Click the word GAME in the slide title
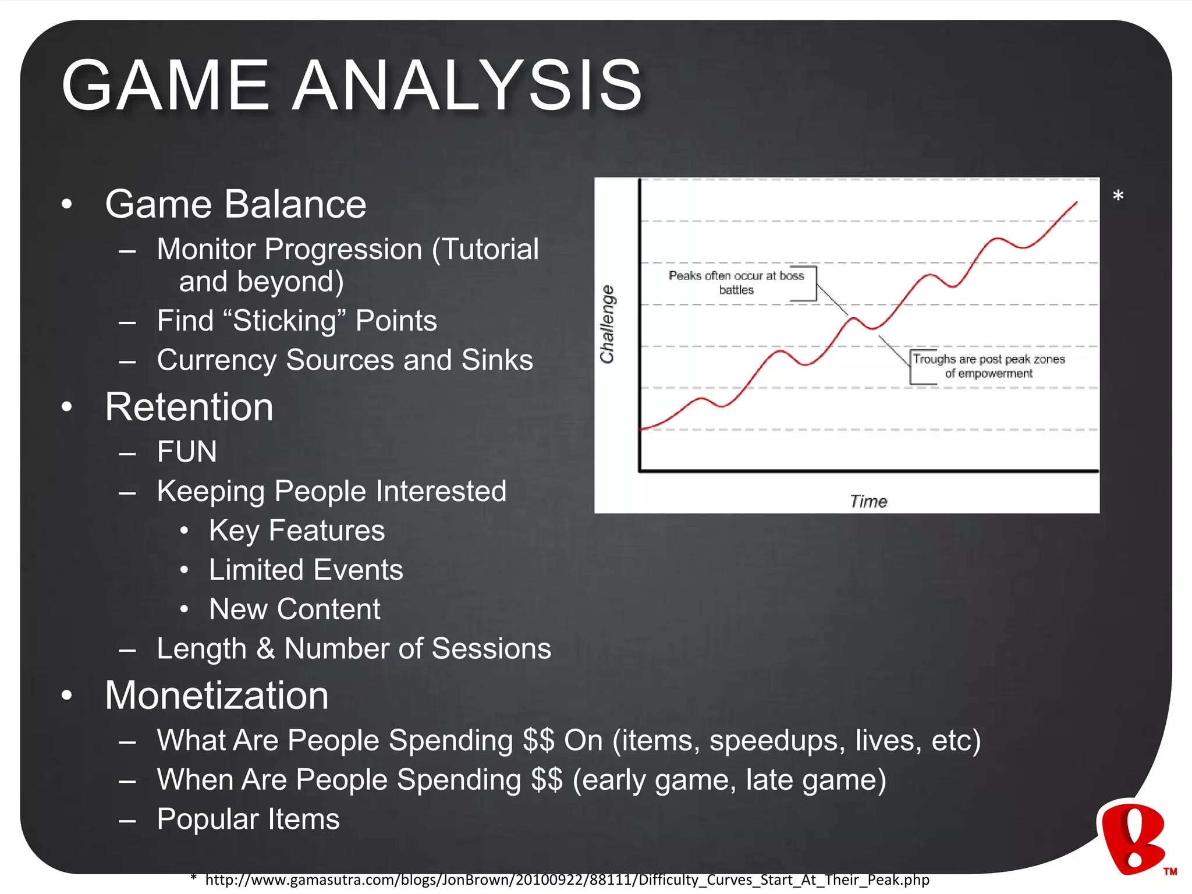[165, 86]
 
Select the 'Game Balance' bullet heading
[235, 204]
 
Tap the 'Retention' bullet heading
[189, 407]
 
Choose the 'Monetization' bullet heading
[217, 696]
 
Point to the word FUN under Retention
[187, 452]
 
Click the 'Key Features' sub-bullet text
[297, 531]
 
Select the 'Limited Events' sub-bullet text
[306, 570]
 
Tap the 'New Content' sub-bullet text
[295, 609]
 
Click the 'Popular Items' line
[248, 819]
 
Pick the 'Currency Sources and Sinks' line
[345, 360]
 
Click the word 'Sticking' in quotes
[289, 321]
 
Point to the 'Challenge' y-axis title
[607, 324]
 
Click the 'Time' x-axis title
[868, 501]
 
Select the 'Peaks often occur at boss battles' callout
[736, 283]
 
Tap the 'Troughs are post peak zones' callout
[988, 366]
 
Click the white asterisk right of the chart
[1117, 196]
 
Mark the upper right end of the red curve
[1076, 203]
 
